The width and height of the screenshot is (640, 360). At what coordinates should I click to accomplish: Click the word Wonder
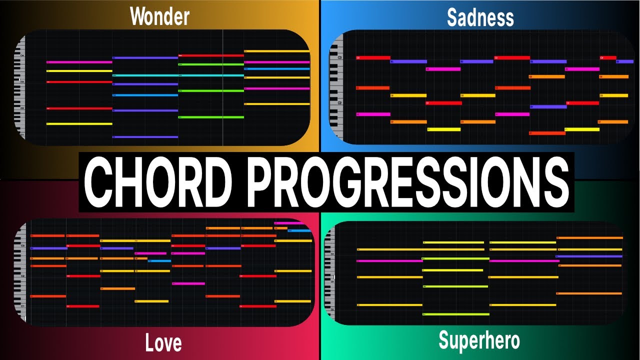click(x=159, y=16)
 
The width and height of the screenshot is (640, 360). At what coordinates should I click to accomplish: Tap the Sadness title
click(x=480, y=17)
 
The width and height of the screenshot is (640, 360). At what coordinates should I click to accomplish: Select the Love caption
click(x=163, y=343)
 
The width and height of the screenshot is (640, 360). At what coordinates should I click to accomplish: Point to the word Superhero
click(x=479, y=340)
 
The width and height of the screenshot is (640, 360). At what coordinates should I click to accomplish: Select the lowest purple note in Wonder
click(x=145, y=136)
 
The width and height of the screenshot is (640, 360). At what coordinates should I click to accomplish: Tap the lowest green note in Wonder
click(x=211, y=117)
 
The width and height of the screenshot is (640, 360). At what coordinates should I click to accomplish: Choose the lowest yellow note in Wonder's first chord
click(x=79, y=123)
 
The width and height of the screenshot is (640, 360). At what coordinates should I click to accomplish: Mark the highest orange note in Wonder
click(x=276, y=51)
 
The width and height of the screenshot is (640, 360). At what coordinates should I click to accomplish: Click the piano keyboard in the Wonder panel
click(x=20, y=87)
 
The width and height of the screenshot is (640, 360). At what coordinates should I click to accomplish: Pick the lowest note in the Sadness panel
click(x=547, y=133)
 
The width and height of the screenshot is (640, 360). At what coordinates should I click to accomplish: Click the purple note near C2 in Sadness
click(x=548, y=106)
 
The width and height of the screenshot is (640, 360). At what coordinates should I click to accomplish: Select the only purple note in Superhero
click(x=590, y=256)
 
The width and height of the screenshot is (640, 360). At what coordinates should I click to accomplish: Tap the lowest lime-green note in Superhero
click(x=455, y=314)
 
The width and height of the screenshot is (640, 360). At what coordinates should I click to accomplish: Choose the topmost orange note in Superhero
click(x=590, y=238)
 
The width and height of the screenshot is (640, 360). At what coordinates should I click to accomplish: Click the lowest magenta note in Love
click(x=188, y=283)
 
